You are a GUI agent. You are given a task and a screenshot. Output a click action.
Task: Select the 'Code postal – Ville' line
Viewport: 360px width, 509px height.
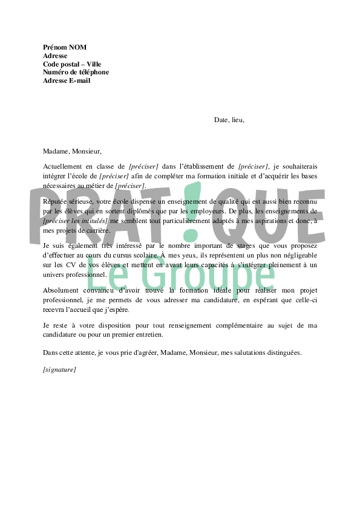pyautogui.click(x=72, y=64)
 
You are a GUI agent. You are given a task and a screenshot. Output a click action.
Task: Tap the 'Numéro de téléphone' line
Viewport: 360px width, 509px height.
pyautogui.click(x=76, y=73)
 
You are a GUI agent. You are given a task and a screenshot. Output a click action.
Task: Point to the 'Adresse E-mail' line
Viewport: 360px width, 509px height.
pyautogui.click(x=67, y=81)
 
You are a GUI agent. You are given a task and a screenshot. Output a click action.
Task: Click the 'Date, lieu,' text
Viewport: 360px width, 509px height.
pyautogui.click(x=229, y=120)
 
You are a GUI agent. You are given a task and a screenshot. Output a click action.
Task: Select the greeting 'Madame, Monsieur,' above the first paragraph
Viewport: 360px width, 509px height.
pyautogui.click(x=72, y=152)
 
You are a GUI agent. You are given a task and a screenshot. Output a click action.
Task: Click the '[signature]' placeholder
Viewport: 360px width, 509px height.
pyautogui.click(x=59, y=369)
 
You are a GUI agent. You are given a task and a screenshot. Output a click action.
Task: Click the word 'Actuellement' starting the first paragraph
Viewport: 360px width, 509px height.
pyautogui.click(x=62, y=166)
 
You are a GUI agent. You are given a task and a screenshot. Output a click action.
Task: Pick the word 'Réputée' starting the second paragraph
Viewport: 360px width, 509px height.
pyautogui.click(x=55, y=201)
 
